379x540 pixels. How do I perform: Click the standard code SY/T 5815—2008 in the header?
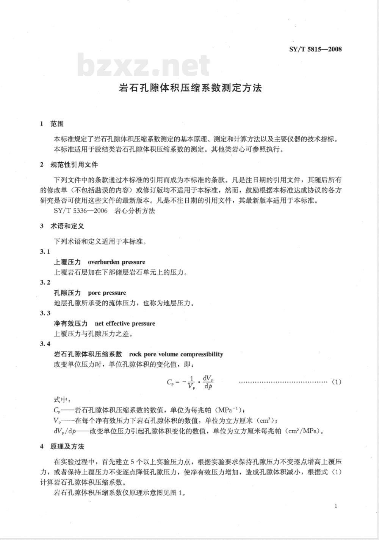(x=315, y=49)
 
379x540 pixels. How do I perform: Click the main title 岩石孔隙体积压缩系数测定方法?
(x=190, y=89)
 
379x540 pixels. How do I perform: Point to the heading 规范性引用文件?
(x=74, y=165)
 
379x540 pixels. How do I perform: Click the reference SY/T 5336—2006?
(x=81, y=211)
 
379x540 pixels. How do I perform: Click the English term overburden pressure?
(x=116, y=262)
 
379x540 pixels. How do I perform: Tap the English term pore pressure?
(x=107, y=293)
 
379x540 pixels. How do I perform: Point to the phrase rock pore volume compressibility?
(x=176, y=354)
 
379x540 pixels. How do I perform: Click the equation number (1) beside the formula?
(x=336, y=382)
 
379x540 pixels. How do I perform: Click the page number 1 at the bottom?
(x=336, y=506)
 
